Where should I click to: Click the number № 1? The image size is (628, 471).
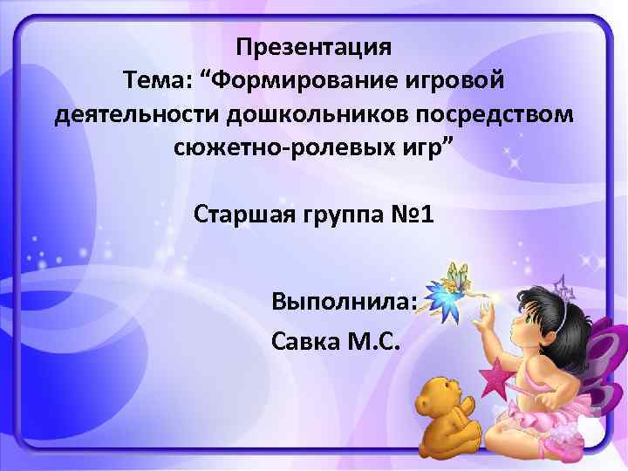(x=412, y=215)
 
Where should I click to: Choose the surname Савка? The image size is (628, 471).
(x=309, y=339)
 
